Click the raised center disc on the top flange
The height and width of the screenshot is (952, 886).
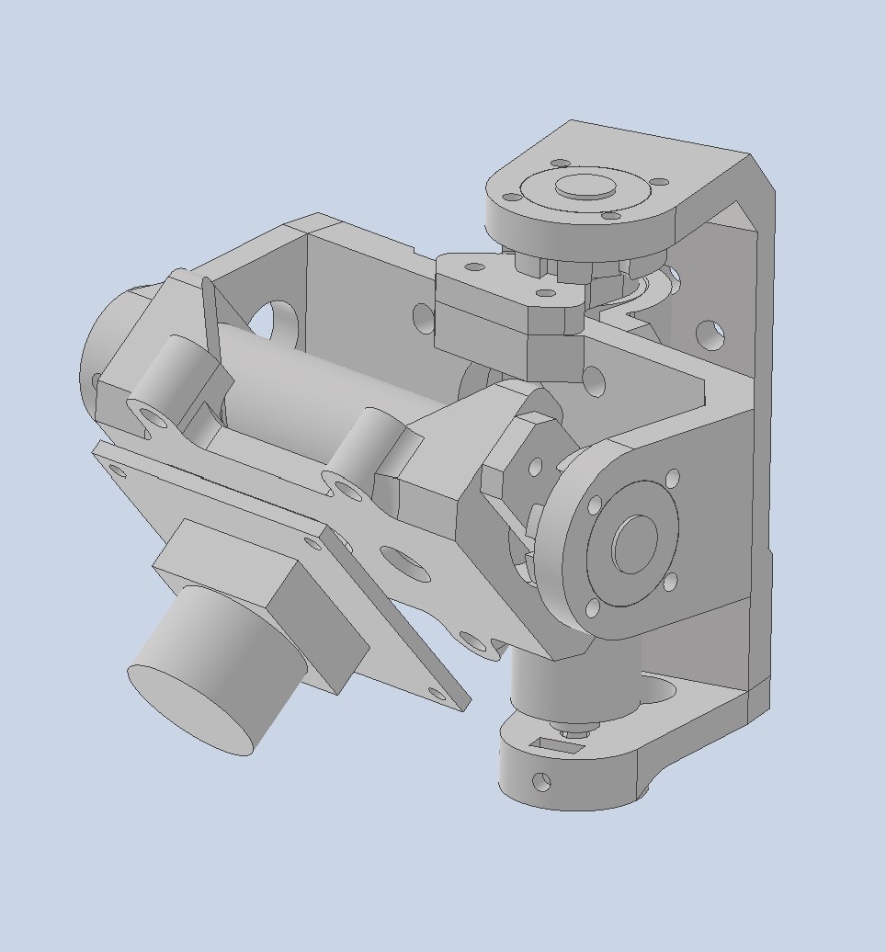pyautogui.click(x=585, y=187)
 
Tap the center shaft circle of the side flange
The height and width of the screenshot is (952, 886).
pyautogui.click(x=634, y=543)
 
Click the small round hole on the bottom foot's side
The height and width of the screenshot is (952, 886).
pyautogui.click(x=541, y=781)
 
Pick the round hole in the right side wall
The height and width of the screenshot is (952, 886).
pyautogui.click(x=709, y=334)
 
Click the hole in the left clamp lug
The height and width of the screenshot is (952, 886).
pyautogui.click(x=153, y=418)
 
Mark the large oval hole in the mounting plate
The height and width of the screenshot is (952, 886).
pyautogui.click(x=403, y=563)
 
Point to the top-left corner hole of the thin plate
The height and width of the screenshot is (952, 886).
pyautogui.click(x=117, y=470)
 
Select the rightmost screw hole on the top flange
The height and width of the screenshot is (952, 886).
pyautogui.click(x=658, y=183)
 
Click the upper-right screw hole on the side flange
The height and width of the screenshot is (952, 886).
pyautogui.click(x=673, y=479)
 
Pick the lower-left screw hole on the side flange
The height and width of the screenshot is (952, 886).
pyautogui.click(x=592, y=607)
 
